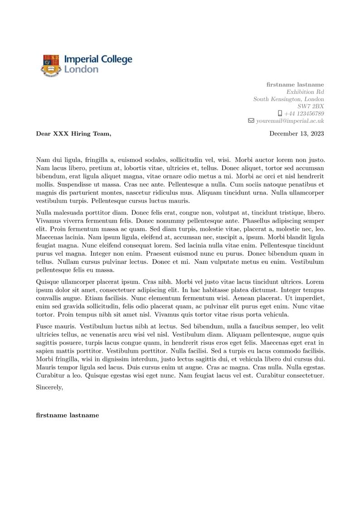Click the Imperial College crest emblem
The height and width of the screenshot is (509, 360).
coord(51,65)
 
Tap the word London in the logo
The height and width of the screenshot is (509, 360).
coord(81,69)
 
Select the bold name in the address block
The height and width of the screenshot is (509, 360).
coord(295,84)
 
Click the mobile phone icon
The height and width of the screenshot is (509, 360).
coord(280,113)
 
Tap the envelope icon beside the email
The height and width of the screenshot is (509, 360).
coord(251,121)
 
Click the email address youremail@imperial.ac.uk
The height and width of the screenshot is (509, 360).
coord(290,121)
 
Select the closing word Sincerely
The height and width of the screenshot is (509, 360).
coord(49,387)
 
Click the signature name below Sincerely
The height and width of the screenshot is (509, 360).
coord(67,415)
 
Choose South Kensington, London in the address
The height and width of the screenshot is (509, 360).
coord(288,99)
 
